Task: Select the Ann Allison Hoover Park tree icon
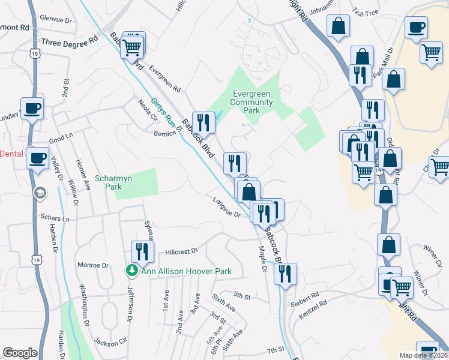[132, 271]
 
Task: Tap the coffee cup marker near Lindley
[32, 108]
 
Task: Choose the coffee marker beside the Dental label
[37, 159]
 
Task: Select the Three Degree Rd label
[69, 41]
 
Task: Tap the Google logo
[20, 353]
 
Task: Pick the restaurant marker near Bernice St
[203, 122]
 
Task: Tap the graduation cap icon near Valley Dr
[40, 192]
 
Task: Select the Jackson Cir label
[110, 344]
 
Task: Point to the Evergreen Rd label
[166, 78]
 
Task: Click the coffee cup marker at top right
[416, 27]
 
